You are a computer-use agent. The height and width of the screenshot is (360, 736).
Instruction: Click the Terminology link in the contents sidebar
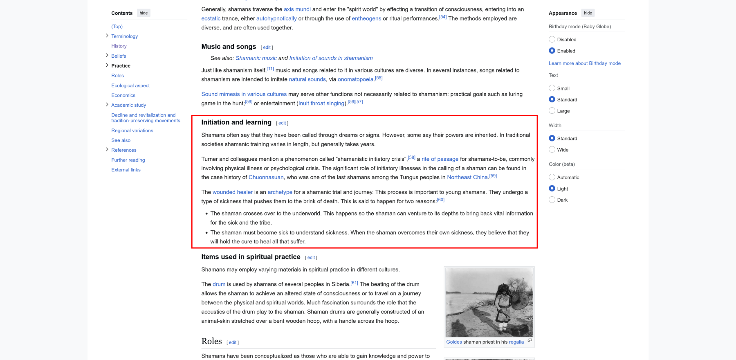pos(124,36)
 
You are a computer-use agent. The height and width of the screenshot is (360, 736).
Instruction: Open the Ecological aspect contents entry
pos(130,85)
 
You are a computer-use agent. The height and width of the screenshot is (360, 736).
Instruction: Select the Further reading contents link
pos(128,160)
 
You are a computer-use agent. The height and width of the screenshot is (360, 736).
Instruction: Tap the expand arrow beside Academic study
pos(107,105)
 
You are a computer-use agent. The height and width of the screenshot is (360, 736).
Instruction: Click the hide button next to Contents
pos(144,13)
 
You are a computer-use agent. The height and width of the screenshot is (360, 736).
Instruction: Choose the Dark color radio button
pos(552,200)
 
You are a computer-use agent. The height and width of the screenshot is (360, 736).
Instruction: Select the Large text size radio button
pos(552,111)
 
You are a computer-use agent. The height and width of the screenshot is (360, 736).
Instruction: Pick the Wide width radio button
pos(552,150)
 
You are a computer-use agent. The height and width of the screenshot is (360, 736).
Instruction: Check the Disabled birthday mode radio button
pos(552,40)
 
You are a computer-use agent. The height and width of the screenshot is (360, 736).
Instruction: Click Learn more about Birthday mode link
pos(584,63)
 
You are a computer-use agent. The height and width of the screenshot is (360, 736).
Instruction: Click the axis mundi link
pos(297,9)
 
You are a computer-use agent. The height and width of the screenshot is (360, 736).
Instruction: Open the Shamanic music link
pos(256,58)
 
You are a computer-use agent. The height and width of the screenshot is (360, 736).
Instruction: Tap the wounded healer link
pos(232,192)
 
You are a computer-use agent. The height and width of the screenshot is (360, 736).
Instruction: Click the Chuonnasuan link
pos(266,178)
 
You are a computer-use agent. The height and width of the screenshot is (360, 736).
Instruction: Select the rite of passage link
pos(440,159)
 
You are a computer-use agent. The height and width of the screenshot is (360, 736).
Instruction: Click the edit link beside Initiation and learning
pos(282,123)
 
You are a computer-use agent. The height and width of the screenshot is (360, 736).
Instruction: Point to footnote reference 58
pos(411,157)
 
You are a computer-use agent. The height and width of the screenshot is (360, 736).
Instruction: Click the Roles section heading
pos(211,341)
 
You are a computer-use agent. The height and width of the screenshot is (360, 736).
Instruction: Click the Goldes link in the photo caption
pos(454,342)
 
